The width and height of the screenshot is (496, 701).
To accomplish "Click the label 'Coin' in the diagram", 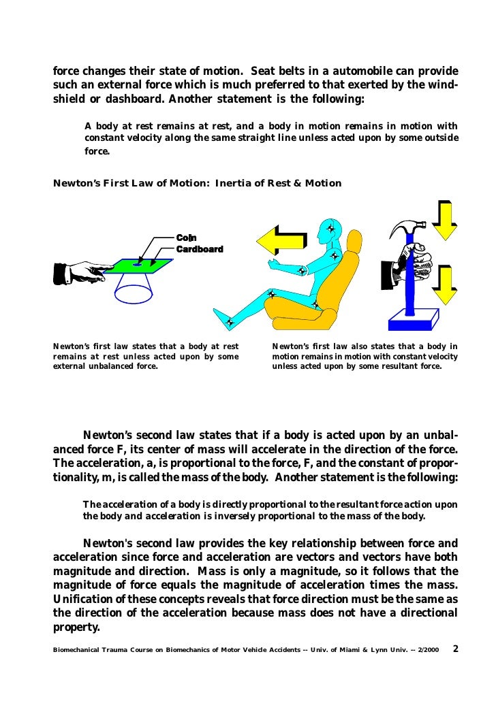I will pyautogui.click(x=187, y=238).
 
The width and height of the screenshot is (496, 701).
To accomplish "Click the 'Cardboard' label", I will pyautogui.click(x=200, y=249).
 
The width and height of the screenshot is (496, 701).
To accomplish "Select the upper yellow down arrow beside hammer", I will pyautogui.click(x=446, y=221).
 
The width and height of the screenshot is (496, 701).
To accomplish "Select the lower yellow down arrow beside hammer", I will pyautogui.click(x=446, y=285).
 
